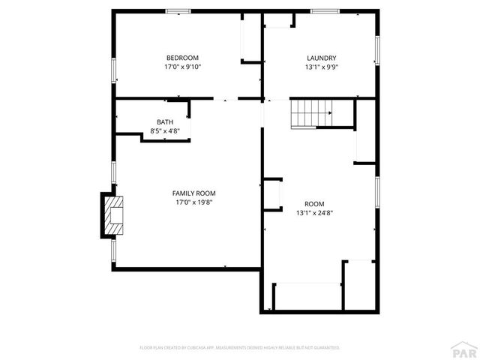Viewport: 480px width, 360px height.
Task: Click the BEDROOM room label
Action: pos(182,58)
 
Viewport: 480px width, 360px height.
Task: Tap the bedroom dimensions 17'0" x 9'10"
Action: pos(182,67)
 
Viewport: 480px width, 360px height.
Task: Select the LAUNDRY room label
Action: pos(321,58)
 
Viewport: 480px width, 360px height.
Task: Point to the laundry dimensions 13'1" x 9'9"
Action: pos(321,67)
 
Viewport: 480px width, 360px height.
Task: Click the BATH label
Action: pos(165,122)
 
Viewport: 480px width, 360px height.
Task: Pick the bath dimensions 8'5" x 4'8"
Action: pos(165,131)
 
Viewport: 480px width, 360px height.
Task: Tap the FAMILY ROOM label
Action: pos(194,193)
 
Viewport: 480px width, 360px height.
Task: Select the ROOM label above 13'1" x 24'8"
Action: pos(314,204)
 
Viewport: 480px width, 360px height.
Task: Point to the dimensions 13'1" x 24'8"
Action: pos(314,213)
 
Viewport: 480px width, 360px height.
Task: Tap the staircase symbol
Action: pos(311,114)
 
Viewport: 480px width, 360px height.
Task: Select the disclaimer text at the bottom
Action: pos(240,348)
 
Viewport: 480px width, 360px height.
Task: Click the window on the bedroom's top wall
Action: pos(178,10)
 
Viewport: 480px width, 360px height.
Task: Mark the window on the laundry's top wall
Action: pos(324,10)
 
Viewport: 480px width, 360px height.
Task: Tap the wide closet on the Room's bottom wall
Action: pos(307,295)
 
